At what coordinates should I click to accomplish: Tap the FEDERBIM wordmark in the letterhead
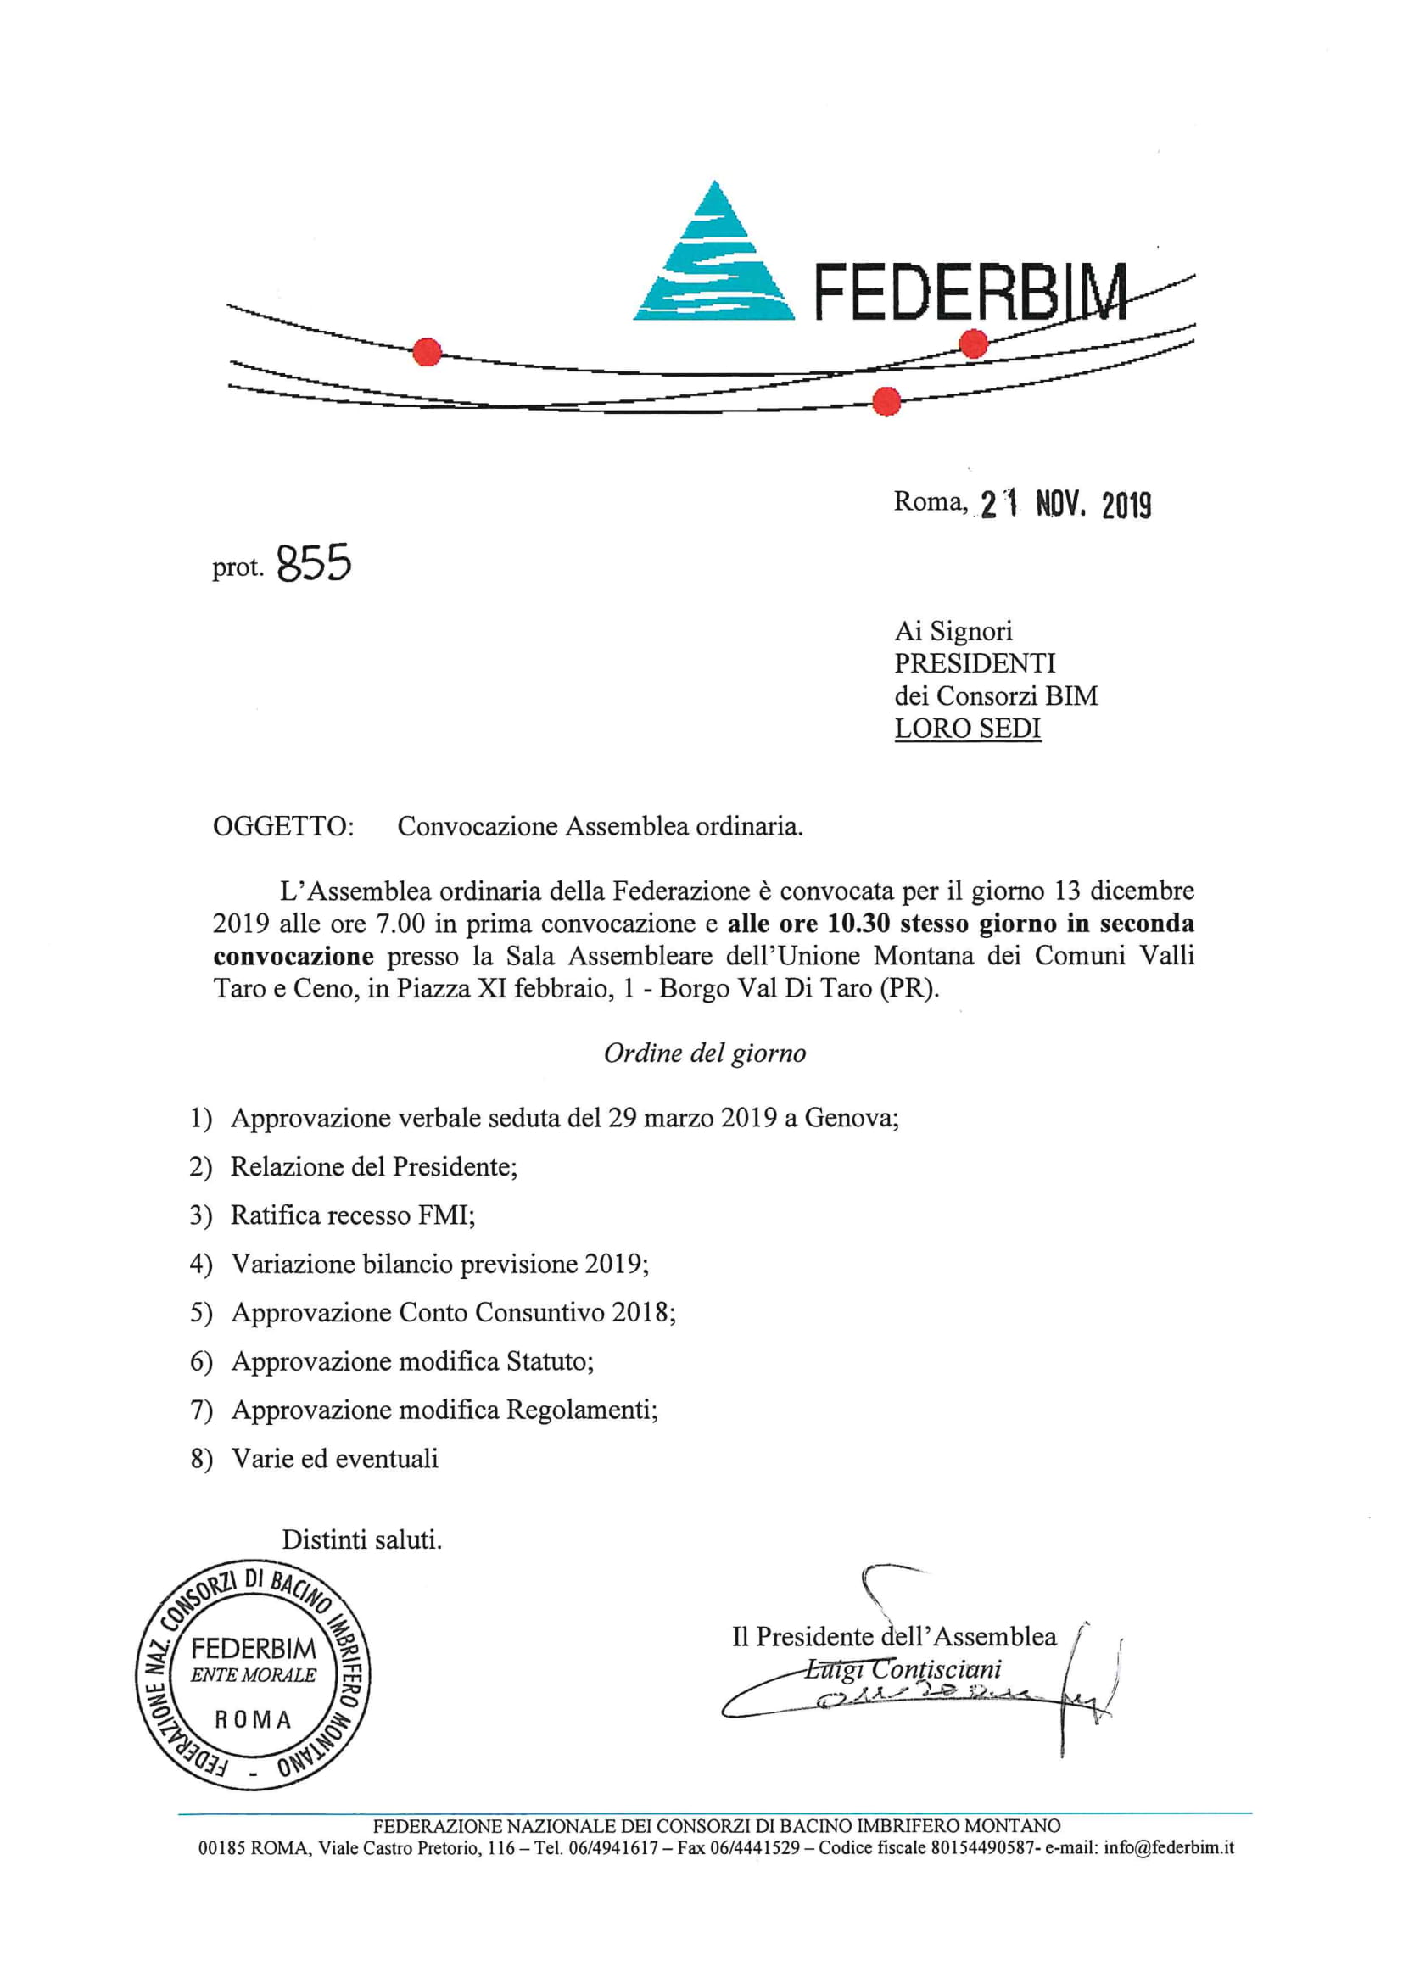(x=971, y=293)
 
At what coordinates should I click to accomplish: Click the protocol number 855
(x=315, y=564)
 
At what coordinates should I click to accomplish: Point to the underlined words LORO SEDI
(x=968, y=728)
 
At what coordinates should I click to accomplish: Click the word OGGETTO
(x=282, y=827)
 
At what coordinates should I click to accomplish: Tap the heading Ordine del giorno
(x=704, y=1053)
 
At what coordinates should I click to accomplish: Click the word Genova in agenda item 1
(x=850, y=1119)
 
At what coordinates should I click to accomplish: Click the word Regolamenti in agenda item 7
(x=580, y=1410)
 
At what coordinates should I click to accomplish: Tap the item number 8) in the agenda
(x=201, y=1460)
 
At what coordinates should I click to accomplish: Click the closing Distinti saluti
(x=361, y=1540)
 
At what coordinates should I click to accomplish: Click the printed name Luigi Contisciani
(x=903, y=1668)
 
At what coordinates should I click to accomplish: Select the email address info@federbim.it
(x=1169, y=1847)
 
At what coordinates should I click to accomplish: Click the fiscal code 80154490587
(x=981, y=1847)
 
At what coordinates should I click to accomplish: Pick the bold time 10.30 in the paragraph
(x=858, y=924)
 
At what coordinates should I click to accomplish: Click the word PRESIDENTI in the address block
(x=975, y=663)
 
